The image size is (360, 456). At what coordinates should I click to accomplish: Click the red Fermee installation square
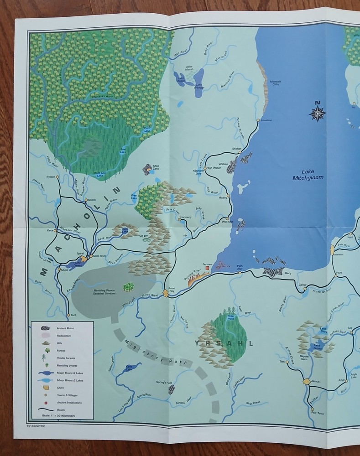coord(208,269)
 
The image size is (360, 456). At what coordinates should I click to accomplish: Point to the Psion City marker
coord(166,293)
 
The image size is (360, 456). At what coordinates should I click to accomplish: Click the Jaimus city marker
coord(307,381)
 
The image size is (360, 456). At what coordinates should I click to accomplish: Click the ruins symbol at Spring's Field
coord(172,389)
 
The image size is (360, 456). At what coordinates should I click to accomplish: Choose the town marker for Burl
coord(68,315)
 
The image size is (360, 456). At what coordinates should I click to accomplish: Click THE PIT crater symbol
coord(146,240)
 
